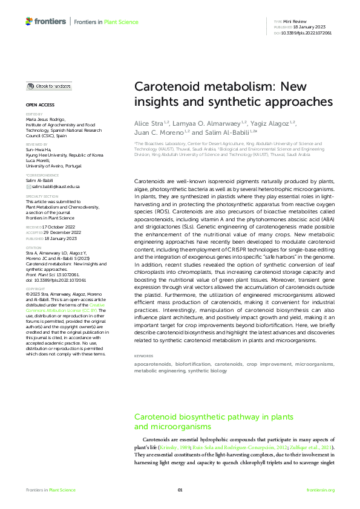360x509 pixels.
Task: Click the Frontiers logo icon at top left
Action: point(29,21)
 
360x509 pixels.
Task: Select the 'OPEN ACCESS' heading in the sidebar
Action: point(36,105)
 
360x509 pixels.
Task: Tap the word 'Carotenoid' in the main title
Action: point(165,86)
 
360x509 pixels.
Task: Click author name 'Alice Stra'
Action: point(148,123)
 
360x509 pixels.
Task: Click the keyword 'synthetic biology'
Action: point(208,371)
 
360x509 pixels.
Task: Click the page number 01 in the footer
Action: point(180,490)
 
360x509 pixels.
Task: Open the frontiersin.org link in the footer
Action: point(321,490)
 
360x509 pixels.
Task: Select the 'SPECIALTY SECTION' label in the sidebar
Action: point(41,196)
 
